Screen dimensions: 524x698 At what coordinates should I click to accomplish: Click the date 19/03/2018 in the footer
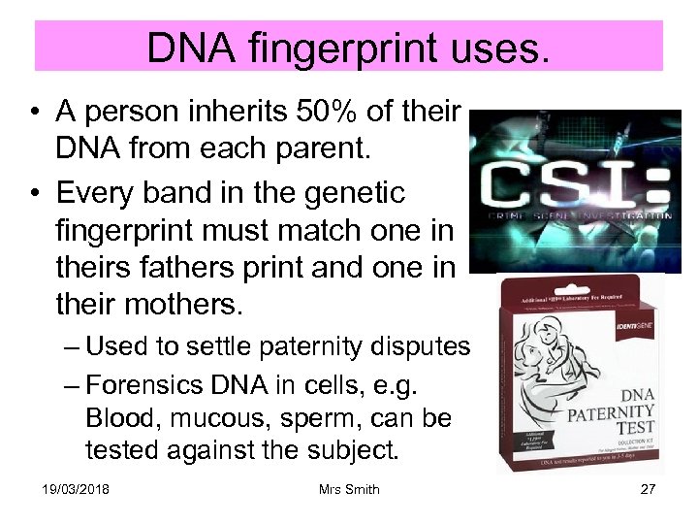[76, 489]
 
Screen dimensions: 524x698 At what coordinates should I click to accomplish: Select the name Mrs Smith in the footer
[349, 489]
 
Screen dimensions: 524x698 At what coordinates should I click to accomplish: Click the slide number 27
[648, 489]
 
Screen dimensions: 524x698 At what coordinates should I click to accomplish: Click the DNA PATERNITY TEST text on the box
[614, 409]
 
